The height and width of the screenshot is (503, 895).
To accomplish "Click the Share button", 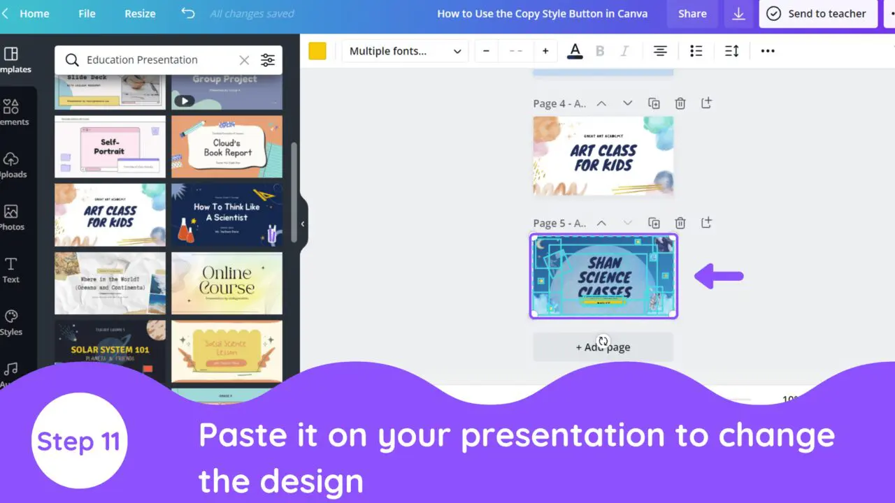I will point(692,14).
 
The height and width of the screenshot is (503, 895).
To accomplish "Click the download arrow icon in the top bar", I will point(738,14).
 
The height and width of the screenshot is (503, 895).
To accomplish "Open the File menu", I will point(87,14).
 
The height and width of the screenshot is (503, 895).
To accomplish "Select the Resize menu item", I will point(140,14).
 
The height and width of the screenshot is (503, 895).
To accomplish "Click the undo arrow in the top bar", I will point(187,13).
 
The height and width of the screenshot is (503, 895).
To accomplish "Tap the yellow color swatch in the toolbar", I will point(317,51).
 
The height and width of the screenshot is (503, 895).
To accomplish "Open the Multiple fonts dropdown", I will point(405,51).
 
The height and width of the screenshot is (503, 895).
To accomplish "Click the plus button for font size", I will point(545,51).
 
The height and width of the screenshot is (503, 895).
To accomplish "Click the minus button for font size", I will point(486,51).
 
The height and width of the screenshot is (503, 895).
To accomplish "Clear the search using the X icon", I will point(244,60).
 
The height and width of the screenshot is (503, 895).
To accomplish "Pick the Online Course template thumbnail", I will point(227,283).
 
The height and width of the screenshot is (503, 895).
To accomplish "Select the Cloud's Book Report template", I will point(227,147).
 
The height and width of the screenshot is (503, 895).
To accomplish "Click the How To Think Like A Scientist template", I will point(227,214).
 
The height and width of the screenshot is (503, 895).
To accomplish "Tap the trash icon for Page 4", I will point(680,103).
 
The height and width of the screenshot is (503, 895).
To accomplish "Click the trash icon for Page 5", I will point(680,224).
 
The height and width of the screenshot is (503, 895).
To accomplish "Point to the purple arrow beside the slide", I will point(719,277).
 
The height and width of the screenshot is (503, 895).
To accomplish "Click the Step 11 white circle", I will point(79,441).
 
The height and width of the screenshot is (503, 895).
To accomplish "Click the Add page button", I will point(603,347).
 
